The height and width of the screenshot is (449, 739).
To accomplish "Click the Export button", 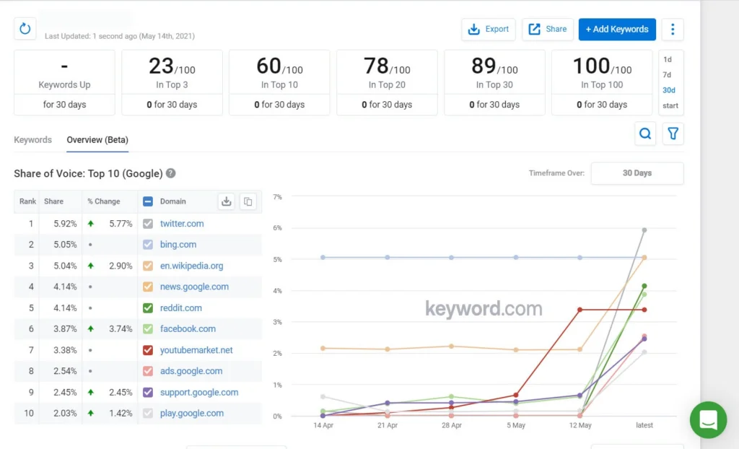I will [x=489, y=30].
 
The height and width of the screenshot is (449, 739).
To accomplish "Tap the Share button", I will [x=548, y=30].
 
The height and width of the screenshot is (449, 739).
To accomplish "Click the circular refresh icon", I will [x=25, y=29].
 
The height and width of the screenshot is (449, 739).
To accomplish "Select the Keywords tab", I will [x=32, y=140].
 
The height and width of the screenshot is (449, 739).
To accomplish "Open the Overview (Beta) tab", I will [x=97, y=140].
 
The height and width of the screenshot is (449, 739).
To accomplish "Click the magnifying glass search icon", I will [x=645, y=134].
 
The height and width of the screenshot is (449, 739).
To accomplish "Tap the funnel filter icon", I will [x=673, y=134].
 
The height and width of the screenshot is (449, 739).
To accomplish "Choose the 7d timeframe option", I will [x=667, y=75].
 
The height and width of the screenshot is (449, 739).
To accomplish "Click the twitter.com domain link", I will [x=182, y=224].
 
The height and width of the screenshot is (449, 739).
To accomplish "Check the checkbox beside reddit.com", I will [x=148, y=308].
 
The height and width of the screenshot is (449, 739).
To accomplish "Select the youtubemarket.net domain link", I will [x=196, y=350].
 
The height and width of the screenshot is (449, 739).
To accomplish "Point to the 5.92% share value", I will [x=65, y=224].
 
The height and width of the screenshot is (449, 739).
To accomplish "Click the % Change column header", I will [x=104, y=201].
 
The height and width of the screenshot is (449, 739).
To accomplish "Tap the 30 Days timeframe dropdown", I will [x=637, y=173].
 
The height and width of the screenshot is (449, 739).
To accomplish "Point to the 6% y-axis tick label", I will [x=277, y=228].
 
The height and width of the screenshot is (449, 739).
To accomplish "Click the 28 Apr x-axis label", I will [x=451, y=425].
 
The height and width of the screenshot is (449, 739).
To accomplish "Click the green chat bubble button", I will [x=708, y=419].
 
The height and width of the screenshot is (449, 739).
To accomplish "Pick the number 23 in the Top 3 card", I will [x=161, y=66].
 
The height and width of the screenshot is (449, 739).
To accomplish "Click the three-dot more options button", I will [x=673, y=30].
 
